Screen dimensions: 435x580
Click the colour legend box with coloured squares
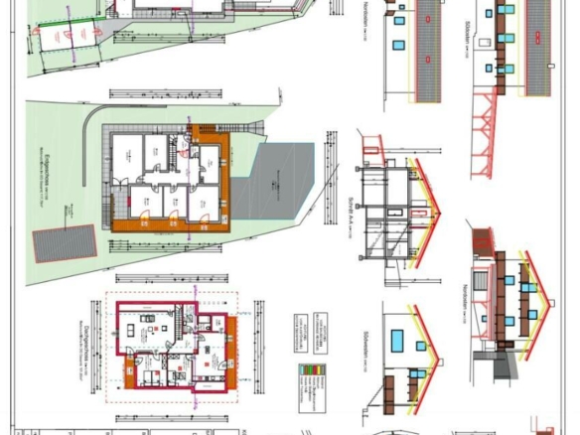[311, 382]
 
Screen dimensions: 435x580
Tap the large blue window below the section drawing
[397, 341]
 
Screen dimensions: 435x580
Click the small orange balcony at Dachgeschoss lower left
[129, 374]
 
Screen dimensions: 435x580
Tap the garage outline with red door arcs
[68, 40]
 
